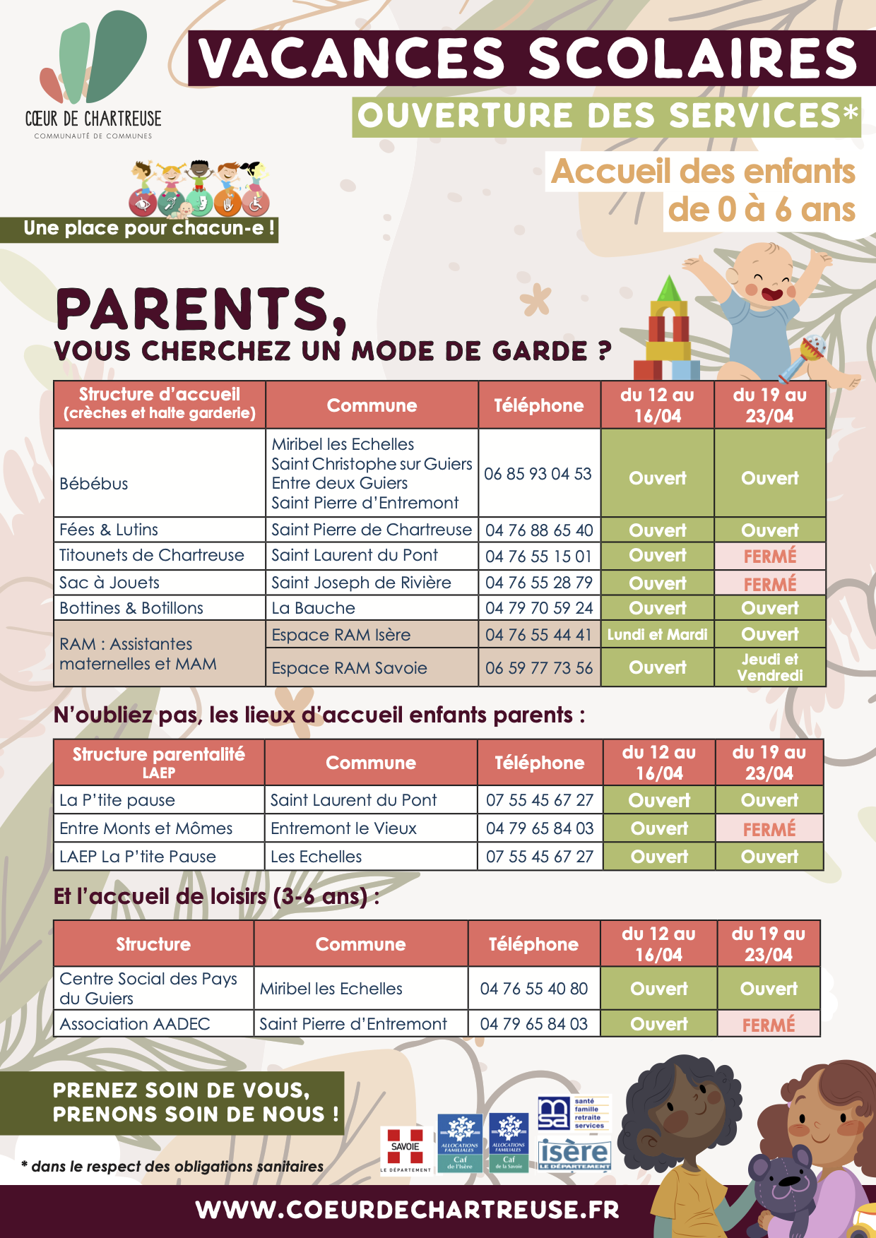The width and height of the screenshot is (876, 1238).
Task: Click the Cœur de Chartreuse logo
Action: click(x=93, y=74)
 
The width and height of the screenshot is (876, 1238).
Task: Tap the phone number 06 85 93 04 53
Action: click(x=538, y=474)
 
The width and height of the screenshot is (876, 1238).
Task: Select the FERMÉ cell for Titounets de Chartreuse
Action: click(x=769, y=556)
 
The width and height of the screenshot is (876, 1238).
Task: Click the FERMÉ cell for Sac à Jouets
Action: click(x=769, y=584)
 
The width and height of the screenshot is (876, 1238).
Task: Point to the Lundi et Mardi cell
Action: click(x=657, y=635)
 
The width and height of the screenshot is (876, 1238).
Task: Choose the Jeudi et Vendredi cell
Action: click(x=769, y=667)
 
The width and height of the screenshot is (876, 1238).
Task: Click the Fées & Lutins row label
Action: click(x=109, y=530)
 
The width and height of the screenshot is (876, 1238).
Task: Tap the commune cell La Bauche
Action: click(x=314, y=608)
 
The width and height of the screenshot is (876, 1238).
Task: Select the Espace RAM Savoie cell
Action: click(x=350, y=668)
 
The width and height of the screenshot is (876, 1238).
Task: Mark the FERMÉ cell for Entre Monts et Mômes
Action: click(x=769, y=828)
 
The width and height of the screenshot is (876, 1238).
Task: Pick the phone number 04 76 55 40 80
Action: click(x=533, y=989)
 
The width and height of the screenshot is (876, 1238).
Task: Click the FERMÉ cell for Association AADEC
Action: click(x=769, y=1024)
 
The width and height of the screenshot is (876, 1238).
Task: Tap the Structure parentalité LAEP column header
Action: click(x=159, y=763)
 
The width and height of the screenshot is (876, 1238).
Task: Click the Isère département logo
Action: click(x=574, y=1155)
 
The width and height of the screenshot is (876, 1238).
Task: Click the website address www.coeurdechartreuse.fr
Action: click(x=408, y=1210)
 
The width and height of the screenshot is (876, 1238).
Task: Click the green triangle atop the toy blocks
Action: click(x=668, y=289)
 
